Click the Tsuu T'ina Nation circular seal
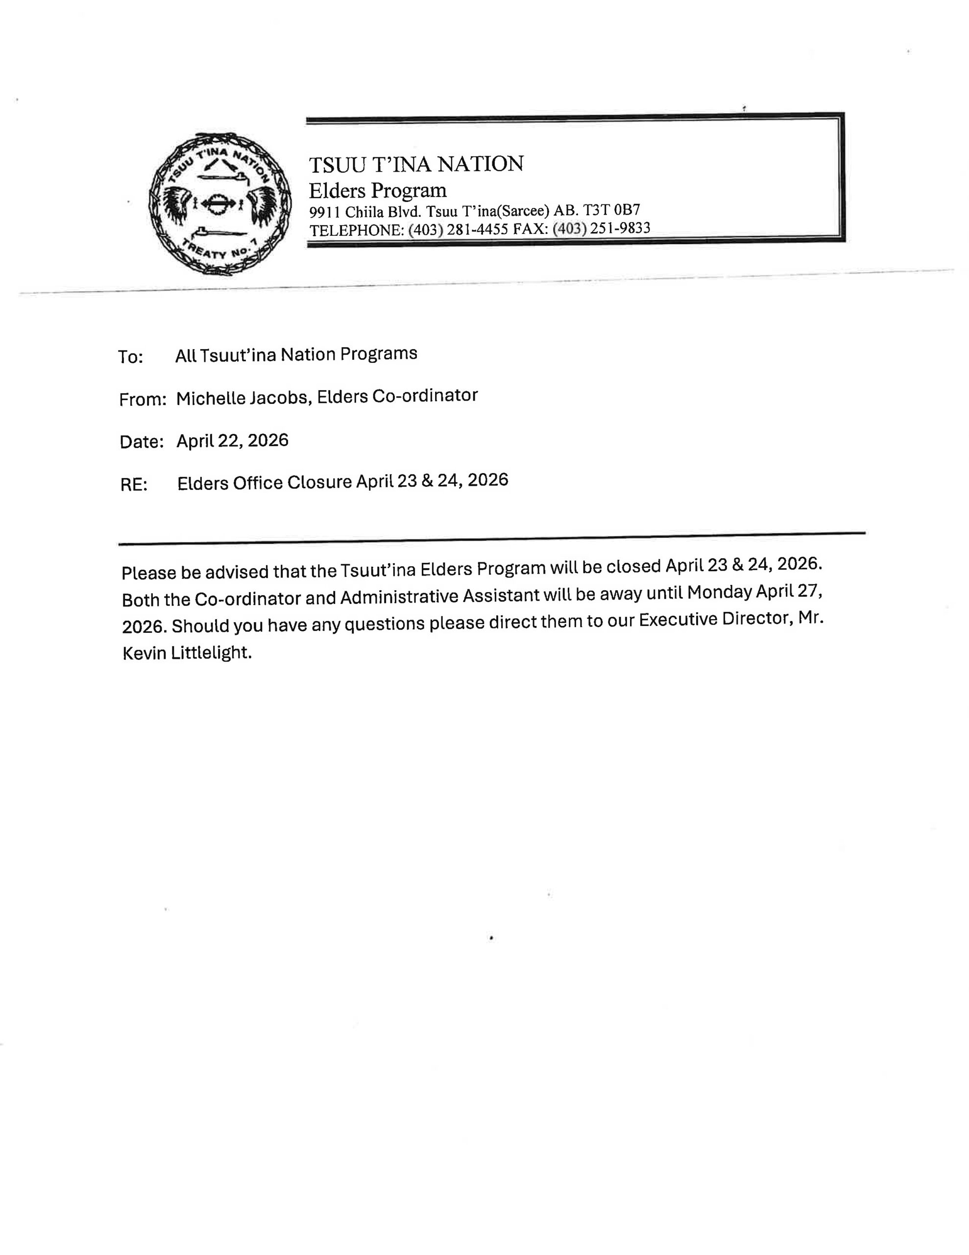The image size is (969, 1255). [x=220, y=203]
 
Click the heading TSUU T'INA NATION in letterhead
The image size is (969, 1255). [x=416, y=164]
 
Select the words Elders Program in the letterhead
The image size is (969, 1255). [x=377, y=190]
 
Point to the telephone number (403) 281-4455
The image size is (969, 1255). [x=458, y=230]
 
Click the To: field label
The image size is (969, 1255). [x=130, y=357]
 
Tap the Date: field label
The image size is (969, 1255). [x=141, y=441]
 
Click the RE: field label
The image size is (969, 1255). [x=134, y=484]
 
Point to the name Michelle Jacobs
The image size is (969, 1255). [x=242, y=398]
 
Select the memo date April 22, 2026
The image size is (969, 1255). [x=232, y=441]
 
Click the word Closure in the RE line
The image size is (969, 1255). [x=319, y=482]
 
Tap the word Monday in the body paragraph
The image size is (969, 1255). [x=719, y=592]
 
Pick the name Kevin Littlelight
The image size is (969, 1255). [x=187, y=653]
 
